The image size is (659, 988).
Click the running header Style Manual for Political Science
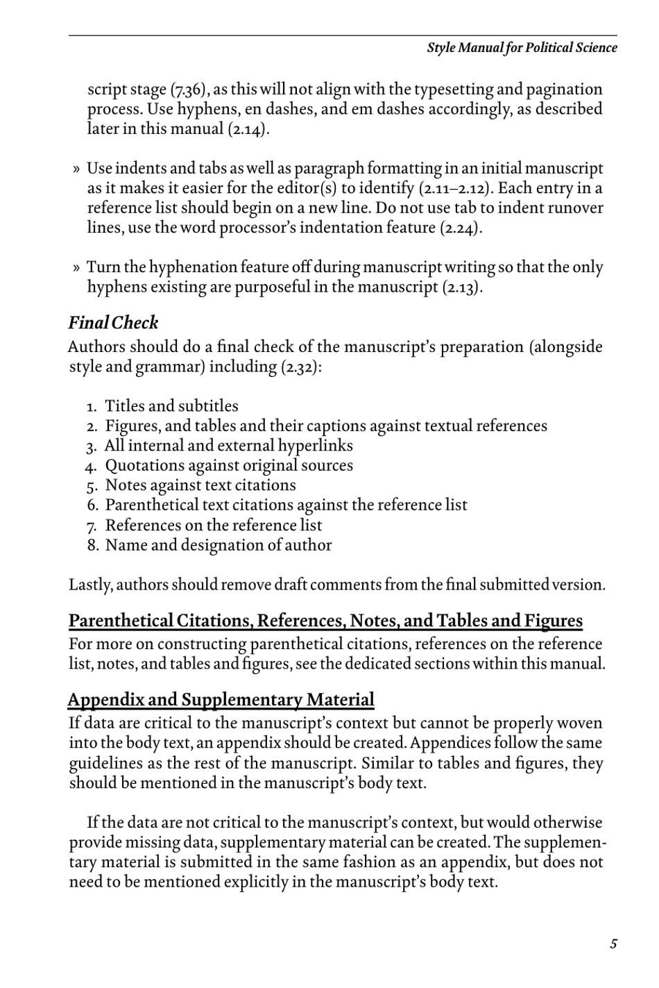pos(521,48)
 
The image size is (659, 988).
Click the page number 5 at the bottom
pos(613,944)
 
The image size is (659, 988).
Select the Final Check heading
pos(113,323)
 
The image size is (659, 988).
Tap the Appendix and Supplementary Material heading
pos(221,699)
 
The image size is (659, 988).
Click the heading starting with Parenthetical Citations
pos(325,620)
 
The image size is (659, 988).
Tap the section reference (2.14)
pos(248,129)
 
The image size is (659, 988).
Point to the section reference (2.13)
pos(461,287)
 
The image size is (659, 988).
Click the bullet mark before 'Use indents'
pos(76,169)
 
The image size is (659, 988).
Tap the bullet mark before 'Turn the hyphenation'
pos(76,268)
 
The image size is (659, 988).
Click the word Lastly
pos(90,585)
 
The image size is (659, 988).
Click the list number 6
pos(94,505)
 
